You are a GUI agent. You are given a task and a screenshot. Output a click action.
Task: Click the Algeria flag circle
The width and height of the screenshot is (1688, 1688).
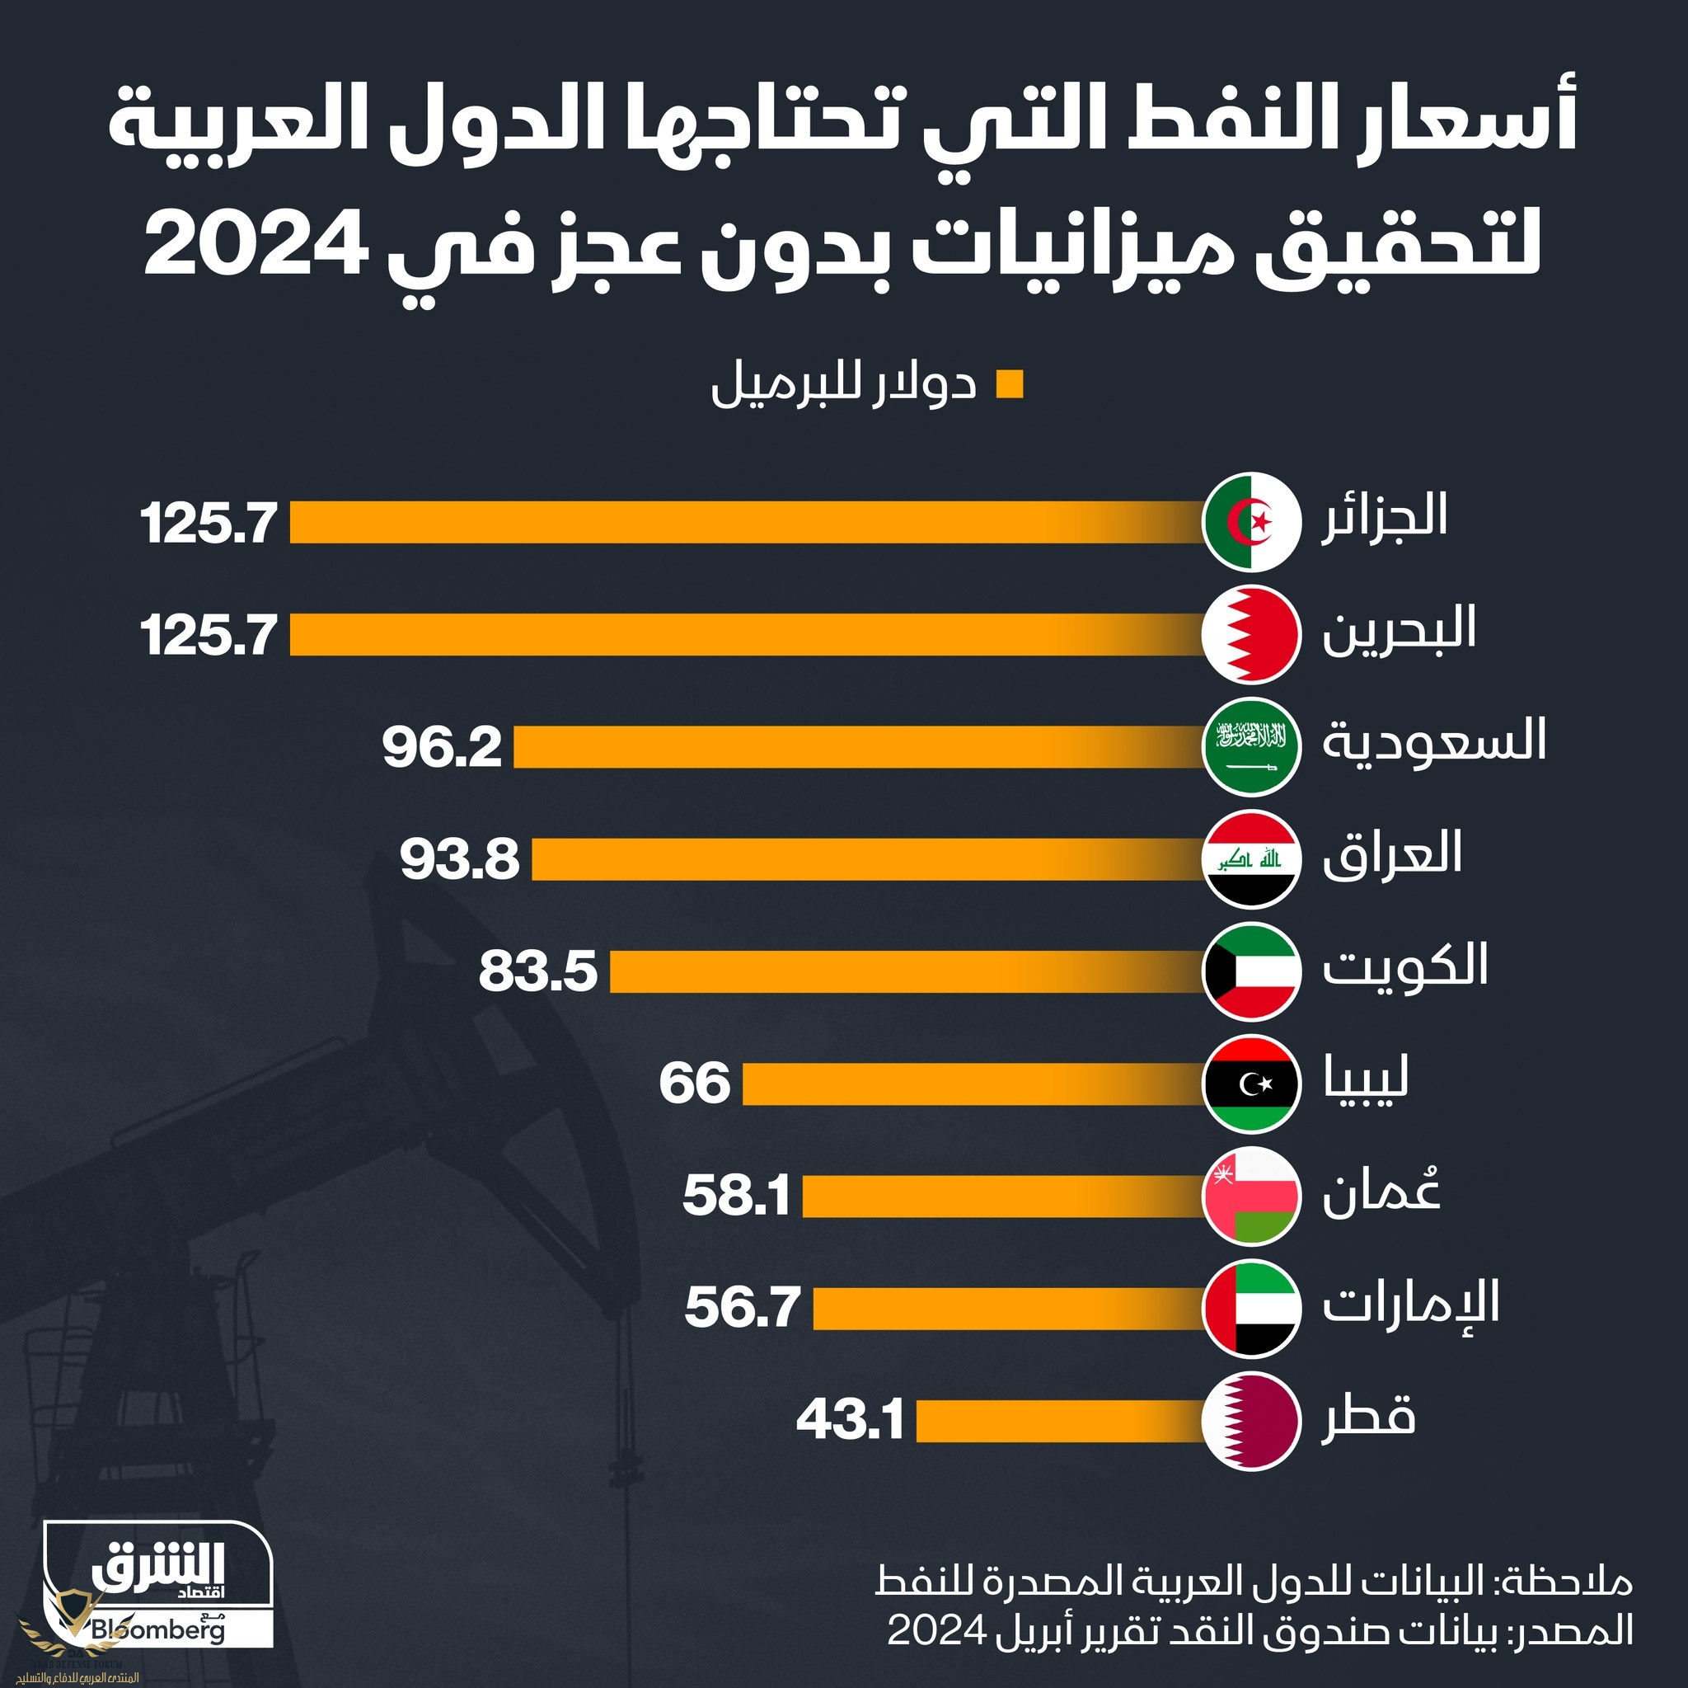point(1251,522)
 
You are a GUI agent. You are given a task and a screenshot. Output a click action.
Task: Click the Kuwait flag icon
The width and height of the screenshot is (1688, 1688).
point(1251,972)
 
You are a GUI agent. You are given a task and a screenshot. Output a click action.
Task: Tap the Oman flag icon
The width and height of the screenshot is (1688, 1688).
point(1251,1197)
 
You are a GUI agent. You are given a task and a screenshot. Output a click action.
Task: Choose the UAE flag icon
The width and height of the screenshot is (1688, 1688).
point(1251,1309)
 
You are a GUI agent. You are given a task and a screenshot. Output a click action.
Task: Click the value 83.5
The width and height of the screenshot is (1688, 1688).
point(538,973)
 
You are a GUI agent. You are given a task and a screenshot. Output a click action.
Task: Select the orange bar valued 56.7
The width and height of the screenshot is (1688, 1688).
point(1010,1309)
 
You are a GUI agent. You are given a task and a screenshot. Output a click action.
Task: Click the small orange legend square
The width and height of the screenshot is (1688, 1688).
point(1010,385)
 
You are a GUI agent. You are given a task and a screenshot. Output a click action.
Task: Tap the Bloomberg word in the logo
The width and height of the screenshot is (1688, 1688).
point(157,1630)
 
